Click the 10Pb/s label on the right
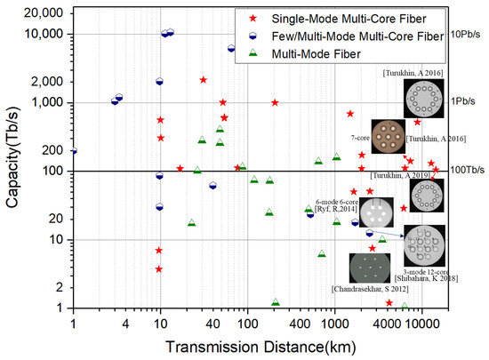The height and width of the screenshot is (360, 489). (469, 34)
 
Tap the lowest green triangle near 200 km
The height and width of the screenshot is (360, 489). (276, 303)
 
